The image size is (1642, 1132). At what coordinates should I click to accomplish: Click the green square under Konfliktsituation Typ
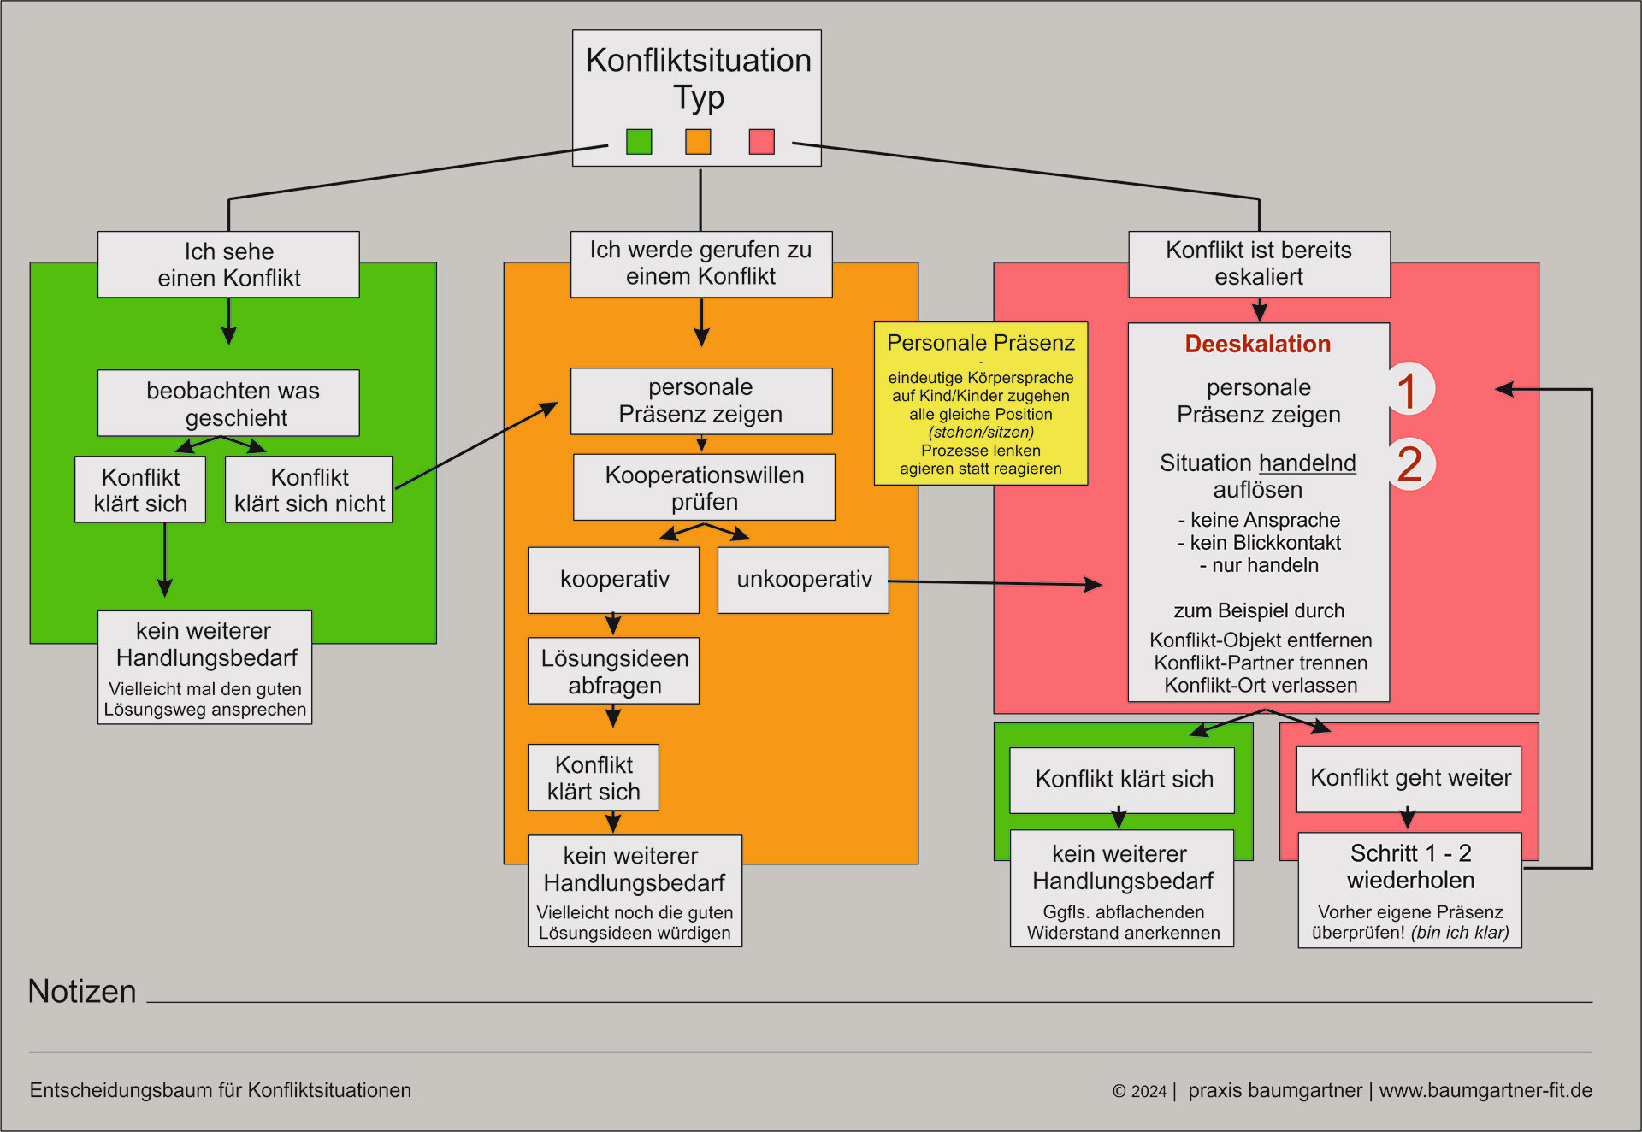[639, 141]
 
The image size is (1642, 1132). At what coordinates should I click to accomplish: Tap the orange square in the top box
[698, 141]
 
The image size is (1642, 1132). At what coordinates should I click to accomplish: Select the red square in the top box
[761, 141]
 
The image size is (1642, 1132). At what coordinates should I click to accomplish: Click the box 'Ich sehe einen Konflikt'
[228, 264]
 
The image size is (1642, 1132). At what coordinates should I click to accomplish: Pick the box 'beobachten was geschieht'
[228, 403]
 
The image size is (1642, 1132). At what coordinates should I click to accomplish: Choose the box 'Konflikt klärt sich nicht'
[309, 490]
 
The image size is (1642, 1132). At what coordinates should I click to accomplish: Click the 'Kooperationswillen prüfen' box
[704, 487]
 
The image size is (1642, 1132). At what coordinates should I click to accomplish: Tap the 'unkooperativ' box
[803, 580]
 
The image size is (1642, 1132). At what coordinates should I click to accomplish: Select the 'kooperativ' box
[613, 580]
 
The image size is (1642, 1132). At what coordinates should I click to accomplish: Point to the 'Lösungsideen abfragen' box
[613, 671]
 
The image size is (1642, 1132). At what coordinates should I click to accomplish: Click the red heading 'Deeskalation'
[1257, 344]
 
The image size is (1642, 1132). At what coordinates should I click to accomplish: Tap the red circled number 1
[1408, 390]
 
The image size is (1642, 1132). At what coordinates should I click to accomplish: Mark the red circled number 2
[1409, 463]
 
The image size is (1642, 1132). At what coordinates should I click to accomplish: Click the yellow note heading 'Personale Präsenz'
[980, 343]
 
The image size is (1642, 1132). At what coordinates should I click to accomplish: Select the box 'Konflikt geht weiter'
[1409, 778]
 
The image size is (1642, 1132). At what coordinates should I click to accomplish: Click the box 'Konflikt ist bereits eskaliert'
[1259, 263]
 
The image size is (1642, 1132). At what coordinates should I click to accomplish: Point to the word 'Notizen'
[82, 991]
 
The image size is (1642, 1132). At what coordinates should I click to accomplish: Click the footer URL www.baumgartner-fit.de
[1485, 1090]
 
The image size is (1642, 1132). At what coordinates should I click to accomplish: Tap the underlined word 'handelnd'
[1307, 463]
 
